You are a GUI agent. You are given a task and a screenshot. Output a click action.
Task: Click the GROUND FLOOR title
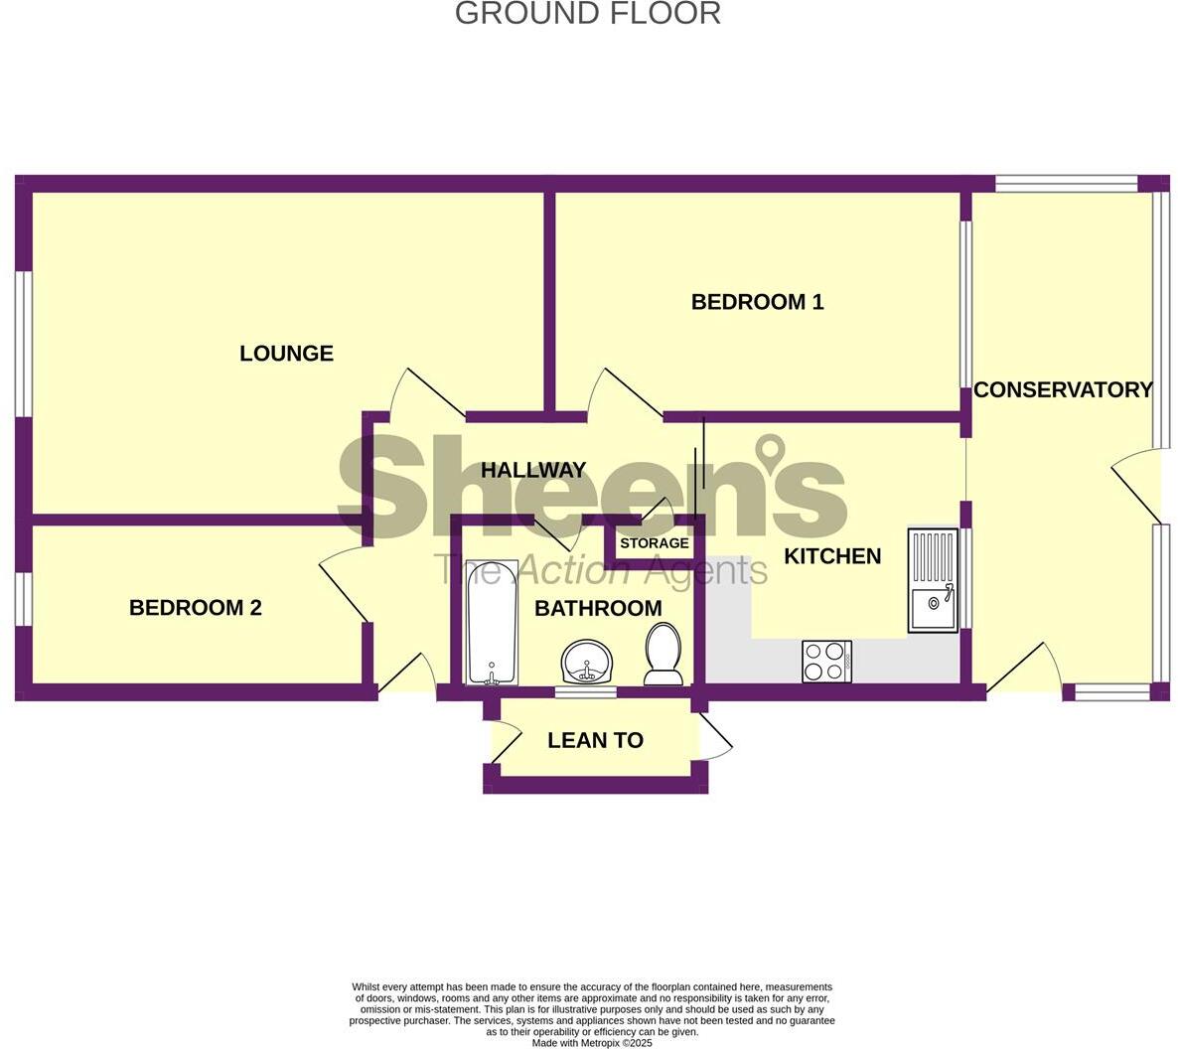click(588, 14)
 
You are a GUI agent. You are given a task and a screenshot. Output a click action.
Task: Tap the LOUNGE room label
click(286, 354)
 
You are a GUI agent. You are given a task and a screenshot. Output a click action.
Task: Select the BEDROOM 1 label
click(757, 302)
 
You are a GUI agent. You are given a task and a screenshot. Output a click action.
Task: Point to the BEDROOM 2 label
click(196, 608)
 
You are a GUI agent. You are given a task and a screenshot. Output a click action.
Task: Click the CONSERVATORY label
click(1063, 390)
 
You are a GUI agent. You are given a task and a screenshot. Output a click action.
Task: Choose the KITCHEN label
click(832, 556)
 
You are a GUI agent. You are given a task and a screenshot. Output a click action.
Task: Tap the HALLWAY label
click(533, 471)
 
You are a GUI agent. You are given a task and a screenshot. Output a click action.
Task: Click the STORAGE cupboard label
click(654, 543)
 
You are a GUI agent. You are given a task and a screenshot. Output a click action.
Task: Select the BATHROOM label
click(598, 608)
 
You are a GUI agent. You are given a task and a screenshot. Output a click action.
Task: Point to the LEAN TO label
click(595, 740)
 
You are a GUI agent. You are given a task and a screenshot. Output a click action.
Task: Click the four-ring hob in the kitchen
click(826, 662)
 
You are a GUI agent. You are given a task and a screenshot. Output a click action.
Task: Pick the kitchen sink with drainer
click(933, 581)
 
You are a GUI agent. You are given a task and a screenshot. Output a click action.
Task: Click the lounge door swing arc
click(417, 392)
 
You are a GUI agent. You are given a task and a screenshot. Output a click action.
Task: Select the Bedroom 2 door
click(343, 586)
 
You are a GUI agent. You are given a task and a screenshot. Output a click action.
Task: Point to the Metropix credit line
click(592, 1043)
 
